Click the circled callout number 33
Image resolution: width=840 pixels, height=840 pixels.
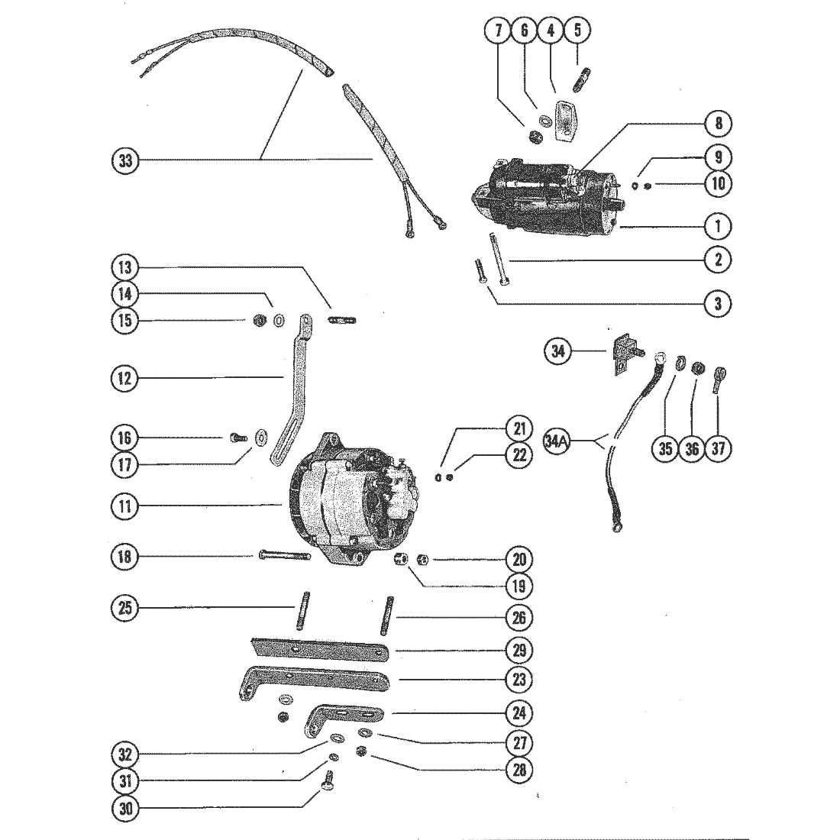(124, 160)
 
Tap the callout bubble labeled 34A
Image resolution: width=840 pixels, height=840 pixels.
(556, 441)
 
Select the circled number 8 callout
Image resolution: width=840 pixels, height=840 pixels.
(719, 123)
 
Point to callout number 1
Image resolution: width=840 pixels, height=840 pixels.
(719, 227)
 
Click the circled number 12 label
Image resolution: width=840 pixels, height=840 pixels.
(124, 379)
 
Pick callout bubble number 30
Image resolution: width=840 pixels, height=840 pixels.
(124, 807)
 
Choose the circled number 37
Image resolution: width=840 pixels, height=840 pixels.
(719, 447)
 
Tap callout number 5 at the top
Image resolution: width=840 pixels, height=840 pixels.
(577, 30)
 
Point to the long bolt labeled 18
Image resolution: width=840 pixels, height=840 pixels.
(284, 556)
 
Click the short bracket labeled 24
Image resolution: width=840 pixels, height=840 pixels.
(345, 717)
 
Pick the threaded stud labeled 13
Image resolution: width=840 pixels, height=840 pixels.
(342, 321)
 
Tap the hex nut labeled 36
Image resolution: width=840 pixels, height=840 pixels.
(697, 369)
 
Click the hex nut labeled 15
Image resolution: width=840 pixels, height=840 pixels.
(260, 321)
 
